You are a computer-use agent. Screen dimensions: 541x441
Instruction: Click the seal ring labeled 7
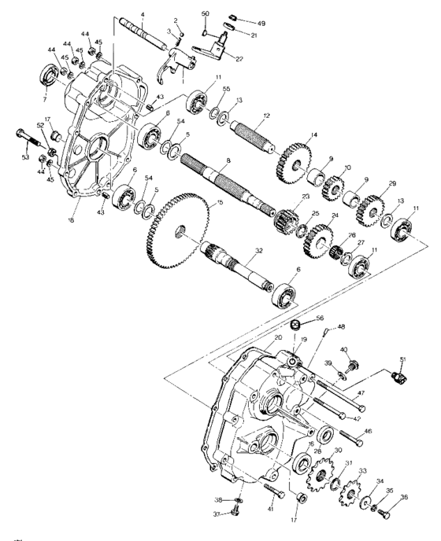coord(50,79)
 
